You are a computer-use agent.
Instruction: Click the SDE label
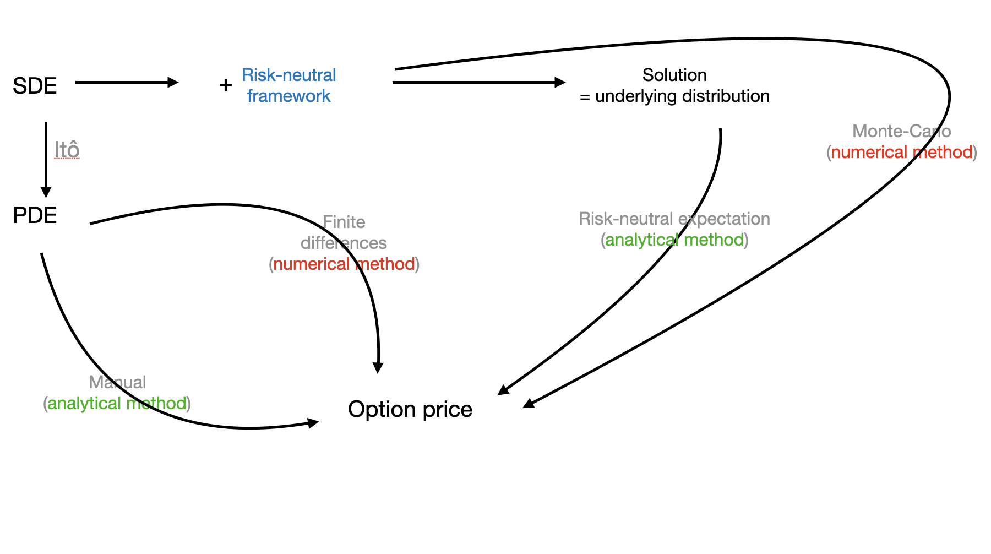point(35,86)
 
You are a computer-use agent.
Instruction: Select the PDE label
point(35,215)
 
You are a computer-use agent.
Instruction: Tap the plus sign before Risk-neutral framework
point(226,85)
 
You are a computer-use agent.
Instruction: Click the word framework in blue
point(288,96)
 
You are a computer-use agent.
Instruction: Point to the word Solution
point(674,75)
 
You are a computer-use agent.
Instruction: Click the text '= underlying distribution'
point(674,96)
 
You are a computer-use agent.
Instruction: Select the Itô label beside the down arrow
point(67,149)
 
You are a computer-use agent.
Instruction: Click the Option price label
point(410,410)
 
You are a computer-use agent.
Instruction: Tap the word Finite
point(344,222)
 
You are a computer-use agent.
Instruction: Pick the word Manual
point(117,382)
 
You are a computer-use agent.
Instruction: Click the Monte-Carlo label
point(902,131)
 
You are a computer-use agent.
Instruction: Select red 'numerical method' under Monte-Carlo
point(902,152)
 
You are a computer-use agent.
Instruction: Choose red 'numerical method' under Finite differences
point(344,264)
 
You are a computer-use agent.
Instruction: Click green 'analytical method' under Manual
point(117,403)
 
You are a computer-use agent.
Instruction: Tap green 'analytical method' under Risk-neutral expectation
point(674,240)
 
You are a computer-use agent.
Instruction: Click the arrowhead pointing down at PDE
point(46,192)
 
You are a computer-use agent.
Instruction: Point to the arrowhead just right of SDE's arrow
point(173,83)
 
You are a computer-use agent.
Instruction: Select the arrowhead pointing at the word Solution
point(560,83)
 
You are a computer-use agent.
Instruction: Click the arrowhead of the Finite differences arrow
point(378,367)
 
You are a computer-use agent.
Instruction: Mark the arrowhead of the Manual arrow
point(313,423)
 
